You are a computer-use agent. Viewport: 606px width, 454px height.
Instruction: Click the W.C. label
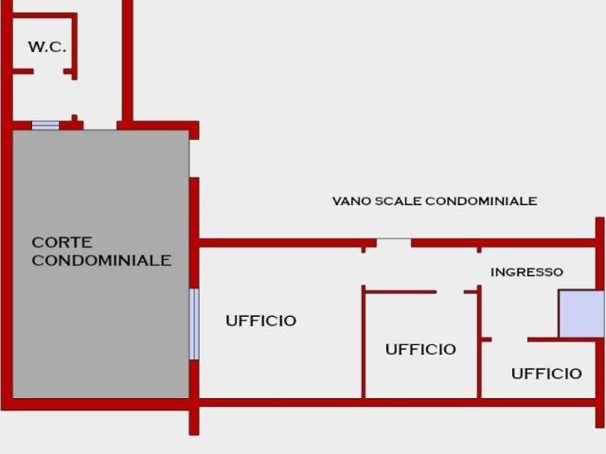pos(47,46)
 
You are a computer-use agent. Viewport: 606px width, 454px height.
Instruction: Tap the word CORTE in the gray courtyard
pos(62,242)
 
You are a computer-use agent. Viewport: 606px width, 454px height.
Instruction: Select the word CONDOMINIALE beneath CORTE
pos(101,260)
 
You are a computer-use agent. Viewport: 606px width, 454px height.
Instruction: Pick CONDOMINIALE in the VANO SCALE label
pos(481,201)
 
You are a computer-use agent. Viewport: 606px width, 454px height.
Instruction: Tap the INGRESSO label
pos(526,272)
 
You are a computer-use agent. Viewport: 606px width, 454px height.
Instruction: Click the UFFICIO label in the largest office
pos(261,321)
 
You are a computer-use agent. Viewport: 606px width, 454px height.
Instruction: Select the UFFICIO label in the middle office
pos(420,349)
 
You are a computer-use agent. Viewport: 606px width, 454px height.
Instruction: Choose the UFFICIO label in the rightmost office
pos(546,374)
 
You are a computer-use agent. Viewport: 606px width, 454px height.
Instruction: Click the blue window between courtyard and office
pos(194,323)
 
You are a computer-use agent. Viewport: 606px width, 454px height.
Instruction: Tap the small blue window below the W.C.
pos(45,126)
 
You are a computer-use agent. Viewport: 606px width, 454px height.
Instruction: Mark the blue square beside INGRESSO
pos(581,314)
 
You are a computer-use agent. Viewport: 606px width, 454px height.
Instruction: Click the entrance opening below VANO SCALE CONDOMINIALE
pos(394,243)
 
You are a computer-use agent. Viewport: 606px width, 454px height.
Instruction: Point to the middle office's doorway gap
pos(451,292)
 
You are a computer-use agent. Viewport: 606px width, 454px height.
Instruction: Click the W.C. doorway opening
pos(48,72)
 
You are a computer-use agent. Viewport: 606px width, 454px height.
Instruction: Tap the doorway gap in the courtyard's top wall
pos(100,126)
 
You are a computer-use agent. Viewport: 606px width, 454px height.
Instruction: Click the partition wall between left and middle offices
pos(364,342)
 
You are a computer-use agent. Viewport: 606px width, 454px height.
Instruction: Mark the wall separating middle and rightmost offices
pos(479,342)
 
